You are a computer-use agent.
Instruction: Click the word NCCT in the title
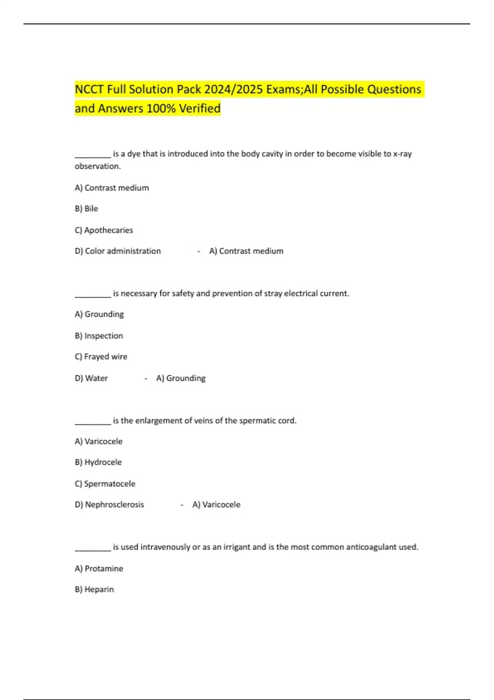pos(89,89)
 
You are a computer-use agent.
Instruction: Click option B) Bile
pos(86,209)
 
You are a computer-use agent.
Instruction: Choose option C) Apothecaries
pos(104,230)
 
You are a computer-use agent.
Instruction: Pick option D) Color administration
pos(118,251)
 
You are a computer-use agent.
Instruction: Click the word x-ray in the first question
pos(402,154)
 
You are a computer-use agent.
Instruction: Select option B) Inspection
pos(99,336)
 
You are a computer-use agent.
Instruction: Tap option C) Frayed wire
pos(101,357)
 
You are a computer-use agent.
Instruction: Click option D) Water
pos(91,378)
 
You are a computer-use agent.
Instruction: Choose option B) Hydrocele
pos(98,462)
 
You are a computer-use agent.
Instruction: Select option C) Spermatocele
pos(105,484)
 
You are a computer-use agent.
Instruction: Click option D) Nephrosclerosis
pos(110,505)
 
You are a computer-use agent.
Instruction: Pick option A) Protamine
pos(99,569)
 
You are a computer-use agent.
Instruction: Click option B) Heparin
pos(94,590)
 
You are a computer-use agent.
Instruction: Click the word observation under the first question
pos(97,166)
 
